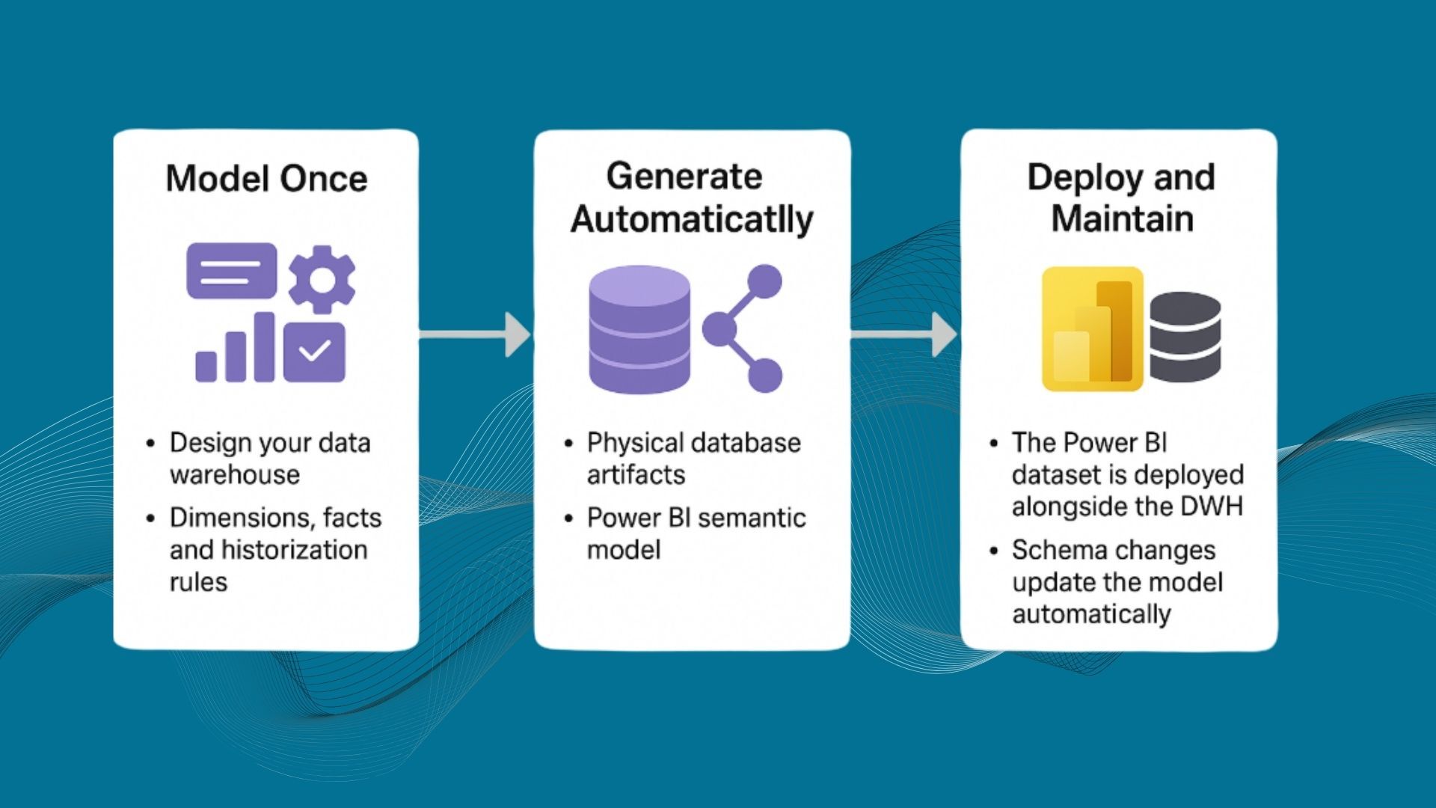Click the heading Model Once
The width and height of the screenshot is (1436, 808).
pyautogui.click(x=266, y=180)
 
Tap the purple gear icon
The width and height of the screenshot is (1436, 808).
pyautogui.click(x=322, y=279)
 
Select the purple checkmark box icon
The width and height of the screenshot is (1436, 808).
pyautogui.click(x=315, y=352)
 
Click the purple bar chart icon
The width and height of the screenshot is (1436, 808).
pyautogui.click(x=235, y=349)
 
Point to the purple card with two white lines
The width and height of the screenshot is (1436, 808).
pyautogui.click(x=231, y=271)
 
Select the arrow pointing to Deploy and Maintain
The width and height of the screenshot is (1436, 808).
pyautogui.click(x=903, y=334)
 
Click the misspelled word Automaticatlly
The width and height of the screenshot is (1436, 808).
pyautogui.click(x=692, y=220)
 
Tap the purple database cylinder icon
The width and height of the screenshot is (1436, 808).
pyautogui.click(x=639, y=329)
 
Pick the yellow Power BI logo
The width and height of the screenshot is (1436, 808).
pyautogui.click(x=1093, y=329)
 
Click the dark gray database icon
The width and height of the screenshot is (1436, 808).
pyautogui.click(x=1185, y=337)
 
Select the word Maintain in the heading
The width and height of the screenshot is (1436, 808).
pyautogui.click(x=1122, y=219)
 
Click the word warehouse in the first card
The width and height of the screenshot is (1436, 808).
pyautogui.click(x=235, y=475)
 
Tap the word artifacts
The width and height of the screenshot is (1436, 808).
pyautogui.click(x=636, y=475)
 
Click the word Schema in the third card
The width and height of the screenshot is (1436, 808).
pyautogui.click(x=1051, y=551)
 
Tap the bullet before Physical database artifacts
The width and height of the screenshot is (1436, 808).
pyautogui.click(x=569, y=444)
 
